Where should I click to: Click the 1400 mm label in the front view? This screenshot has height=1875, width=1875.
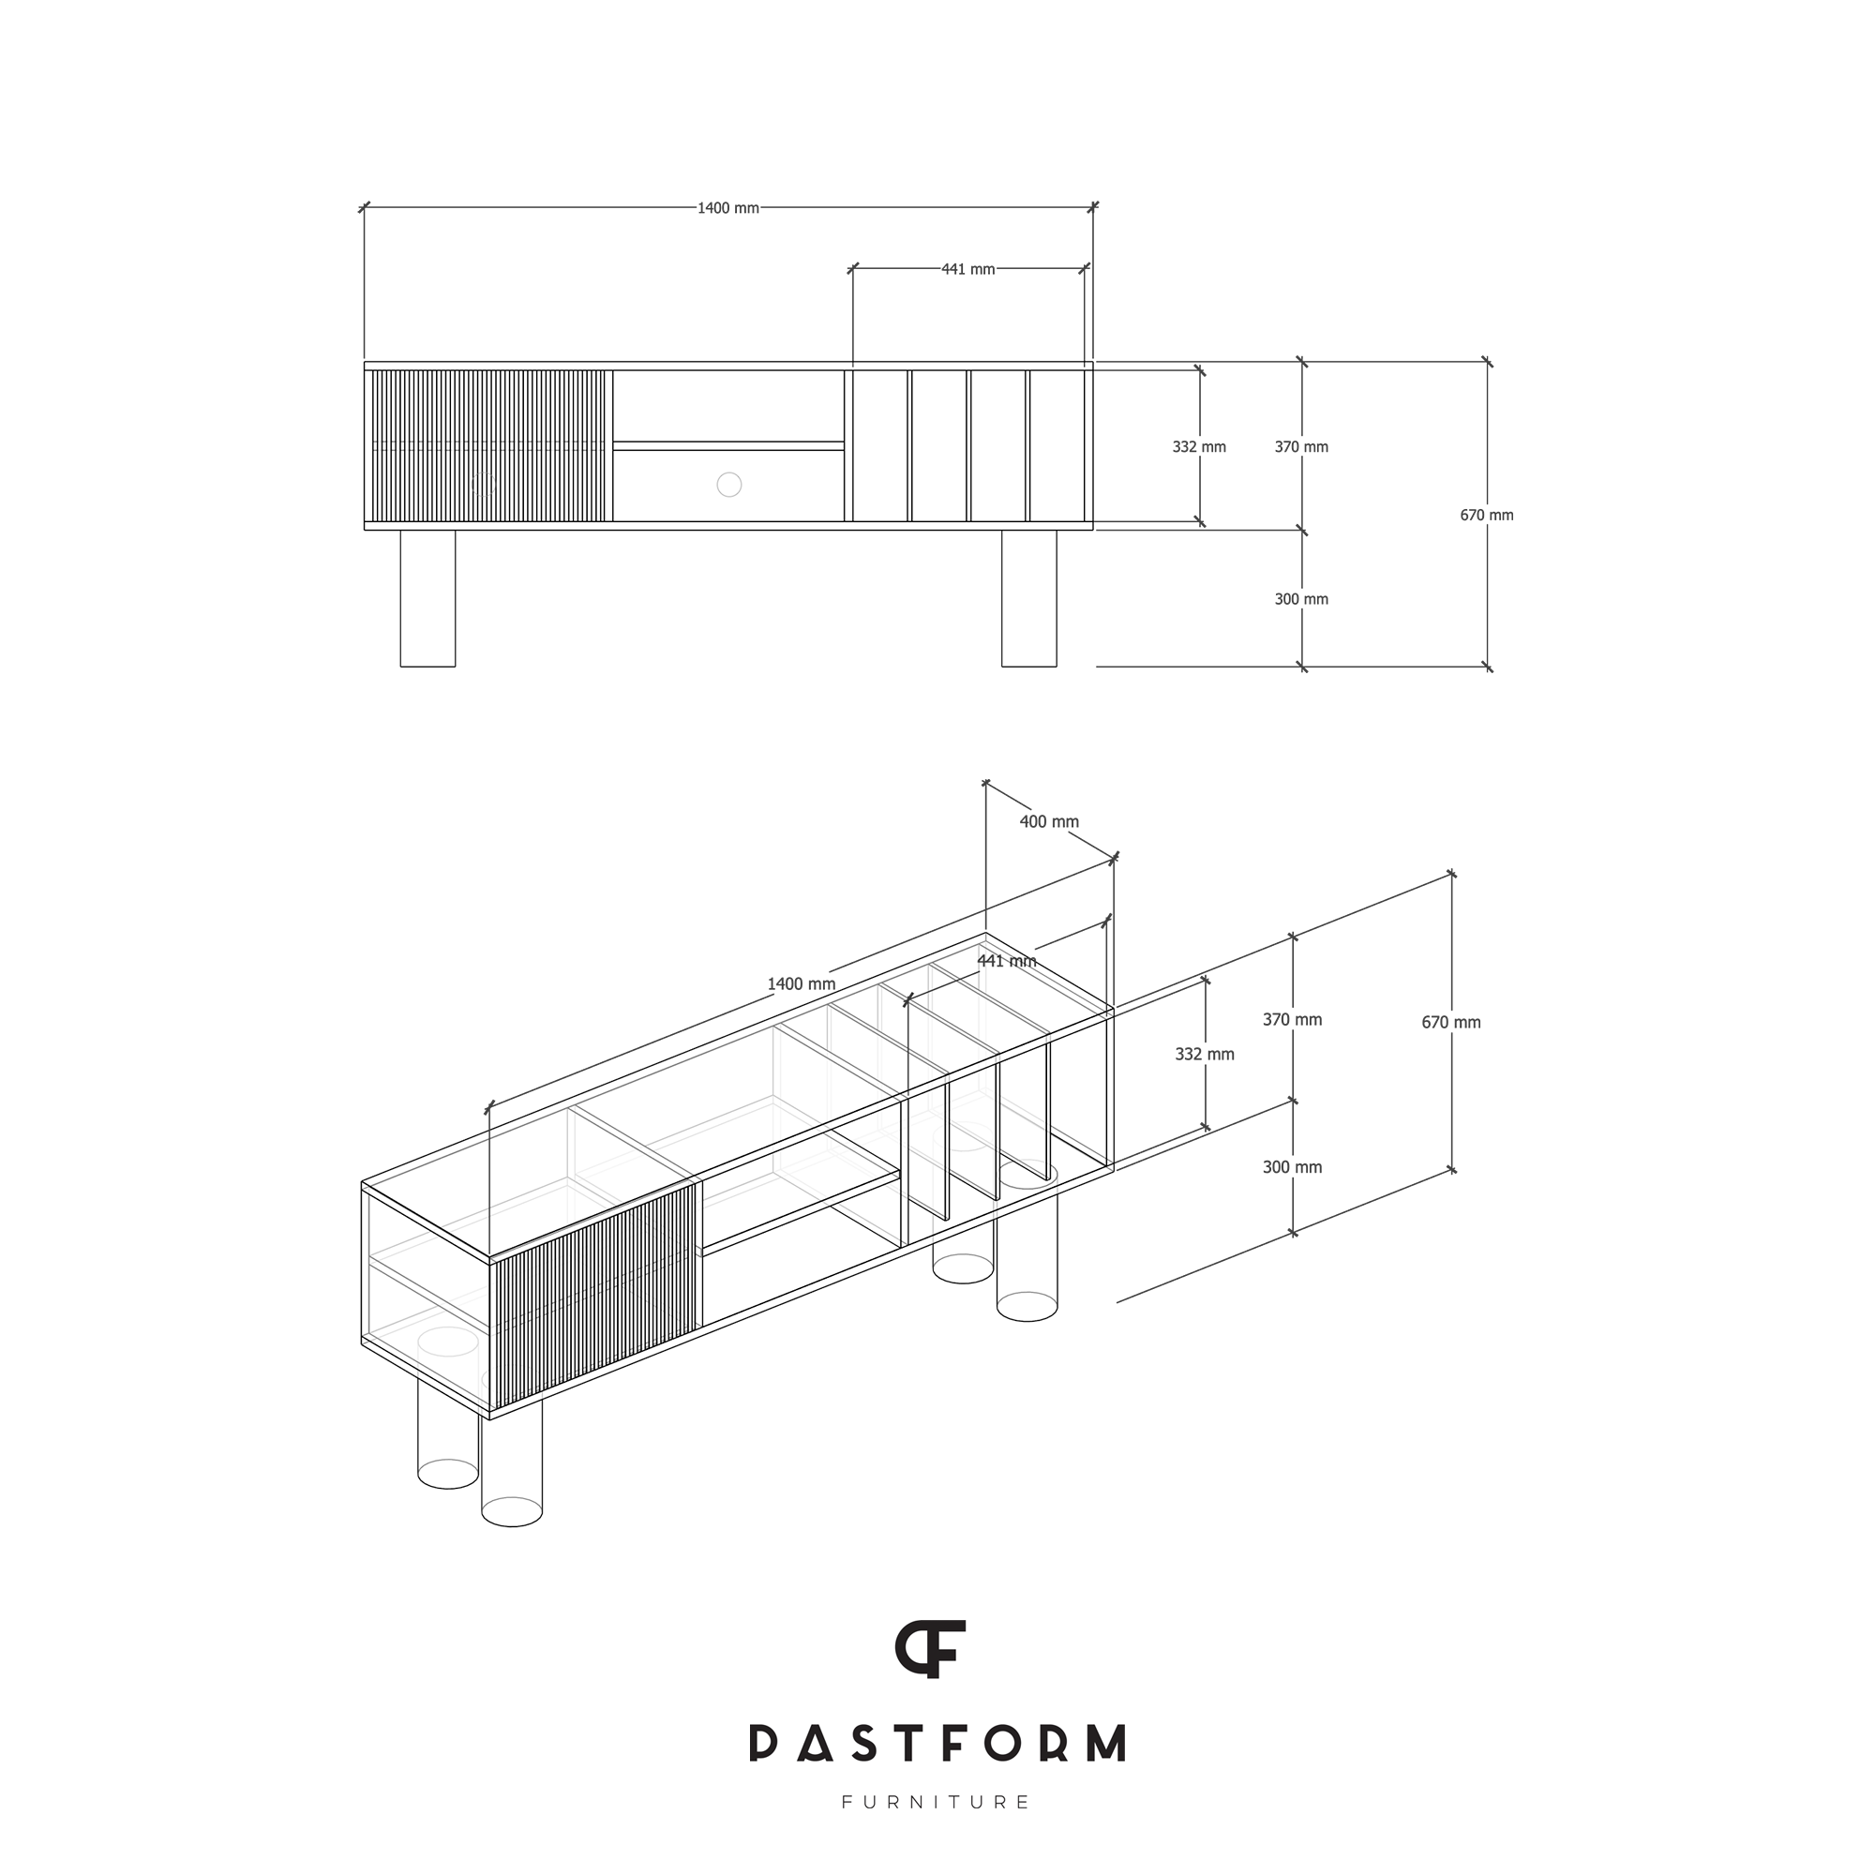coord(727,209)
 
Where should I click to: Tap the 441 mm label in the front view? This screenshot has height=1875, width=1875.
coord(967,269)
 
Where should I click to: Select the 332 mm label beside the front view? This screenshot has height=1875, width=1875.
coord(1198,446)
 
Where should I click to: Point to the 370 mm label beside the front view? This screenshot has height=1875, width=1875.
coord(1301,446)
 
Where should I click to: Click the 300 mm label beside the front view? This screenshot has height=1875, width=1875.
coord(1301,599)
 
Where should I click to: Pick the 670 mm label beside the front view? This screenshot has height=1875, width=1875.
coord(1487,516)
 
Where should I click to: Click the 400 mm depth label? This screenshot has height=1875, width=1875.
coord(1049,821)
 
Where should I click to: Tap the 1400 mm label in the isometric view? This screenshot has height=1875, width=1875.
coord(802,984)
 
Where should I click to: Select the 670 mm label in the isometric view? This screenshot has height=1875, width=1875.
coord(1451,1022)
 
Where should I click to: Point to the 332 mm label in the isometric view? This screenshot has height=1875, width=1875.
coord(1205,1054)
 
